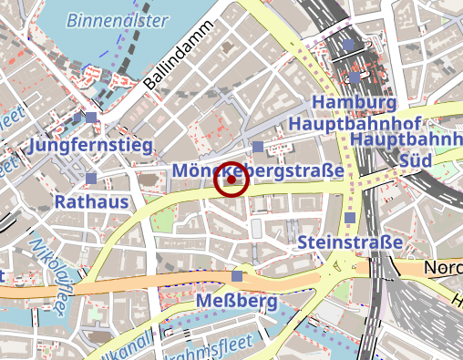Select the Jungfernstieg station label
point(91,145)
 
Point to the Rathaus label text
point(91,201)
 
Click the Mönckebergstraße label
point(257,170)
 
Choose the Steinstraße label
point(350,243)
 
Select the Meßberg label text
point(237,300)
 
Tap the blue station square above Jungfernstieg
point(91,118)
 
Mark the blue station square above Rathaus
point(91,178)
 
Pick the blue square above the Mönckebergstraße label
point(258,147)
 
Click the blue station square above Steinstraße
point(351,218)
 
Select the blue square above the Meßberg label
point(238,276)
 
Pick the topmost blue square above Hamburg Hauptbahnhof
point(349,45)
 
